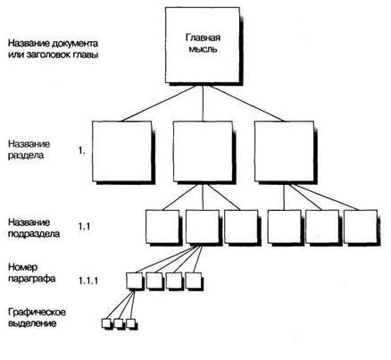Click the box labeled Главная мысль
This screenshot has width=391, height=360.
[x=203, y=45]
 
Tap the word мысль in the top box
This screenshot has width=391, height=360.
[x=204, y=49]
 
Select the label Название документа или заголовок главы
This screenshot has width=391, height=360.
[x=53, y=49]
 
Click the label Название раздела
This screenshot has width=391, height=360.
[x=29, y=150]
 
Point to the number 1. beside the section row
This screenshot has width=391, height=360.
[x=82, y=151]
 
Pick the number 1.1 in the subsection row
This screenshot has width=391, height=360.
[x=84, y=227]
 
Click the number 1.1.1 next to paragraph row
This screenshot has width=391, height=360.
[x=88, y=280]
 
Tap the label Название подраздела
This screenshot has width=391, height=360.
[x=34, y=228]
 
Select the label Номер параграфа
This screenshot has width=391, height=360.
[x=31, y=273]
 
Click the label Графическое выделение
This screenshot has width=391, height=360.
[x=37, y=318]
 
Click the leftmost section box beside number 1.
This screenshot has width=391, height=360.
[x=122, y=151]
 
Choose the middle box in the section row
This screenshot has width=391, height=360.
[x=203, y=151]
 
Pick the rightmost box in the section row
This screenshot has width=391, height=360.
[x=284, y=151]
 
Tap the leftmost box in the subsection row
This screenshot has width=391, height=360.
[x=162, y=227]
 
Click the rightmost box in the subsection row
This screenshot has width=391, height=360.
[x=361, y=227]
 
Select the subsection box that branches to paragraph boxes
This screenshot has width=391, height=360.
[x=203, y=227]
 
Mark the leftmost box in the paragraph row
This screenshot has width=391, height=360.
[x=134, y=280]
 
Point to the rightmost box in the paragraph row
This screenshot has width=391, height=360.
[x=194, y=280]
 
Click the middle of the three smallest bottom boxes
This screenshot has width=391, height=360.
[x=119, y=323]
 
